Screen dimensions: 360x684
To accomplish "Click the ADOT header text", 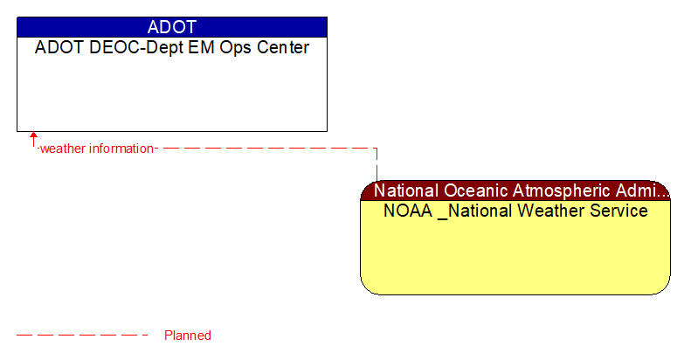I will (172, 27).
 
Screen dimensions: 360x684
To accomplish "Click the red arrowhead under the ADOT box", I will (34, 136).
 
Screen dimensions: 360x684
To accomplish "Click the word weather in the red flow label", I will (62, 149).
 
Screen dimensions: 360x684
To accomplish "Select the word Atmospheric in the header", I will (564, 190).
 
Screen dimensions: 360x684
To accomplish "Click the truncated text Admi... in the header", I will (647, 190).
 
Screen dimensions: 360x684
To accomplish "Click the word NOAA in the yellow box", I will (408, 211).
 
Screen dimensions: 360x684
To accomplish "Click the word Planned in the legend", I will (187, 336).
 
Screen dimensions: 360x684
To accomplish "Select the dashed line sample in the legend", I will (83, 336).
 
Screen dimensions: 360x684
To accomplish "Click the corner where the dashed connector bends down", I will (377, 149).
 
